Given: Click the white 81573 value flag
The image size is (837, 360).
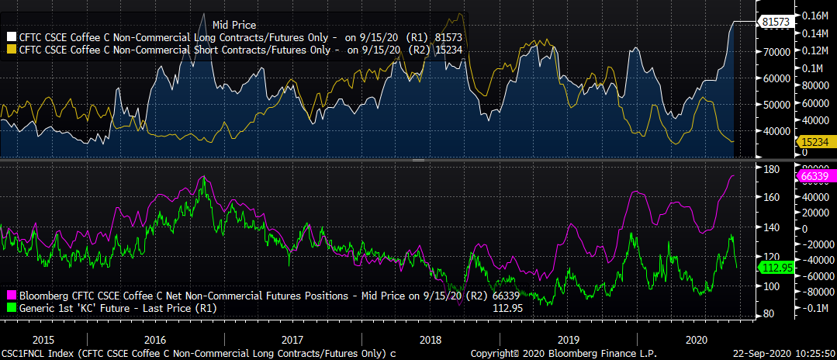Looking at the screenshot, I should [776, 22].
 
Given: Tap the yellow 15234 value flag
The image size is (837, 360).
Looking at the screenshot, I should [814, 143].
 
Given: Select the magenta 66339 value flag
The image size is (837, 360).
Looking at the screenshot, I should [814, 176].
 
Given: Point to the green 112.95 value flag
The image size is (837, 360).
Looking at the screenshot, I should [776, 268].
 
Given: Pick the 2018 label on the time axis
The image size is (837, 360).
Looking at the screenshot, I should [430, 340].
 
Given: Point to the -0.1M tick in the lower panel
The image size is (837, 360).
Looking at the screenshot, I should [816, 308].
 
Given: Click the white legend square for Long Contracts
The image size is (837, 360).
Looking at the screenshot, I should [11, 36].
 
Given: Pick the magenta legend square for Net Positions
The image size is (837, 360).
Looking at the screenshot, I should [11, 296].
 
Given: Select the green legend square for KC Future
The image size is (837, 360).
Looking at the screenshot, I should [11, 307].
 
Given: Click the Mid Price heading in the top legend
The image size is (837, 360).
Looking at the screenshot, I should [233, 26].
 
